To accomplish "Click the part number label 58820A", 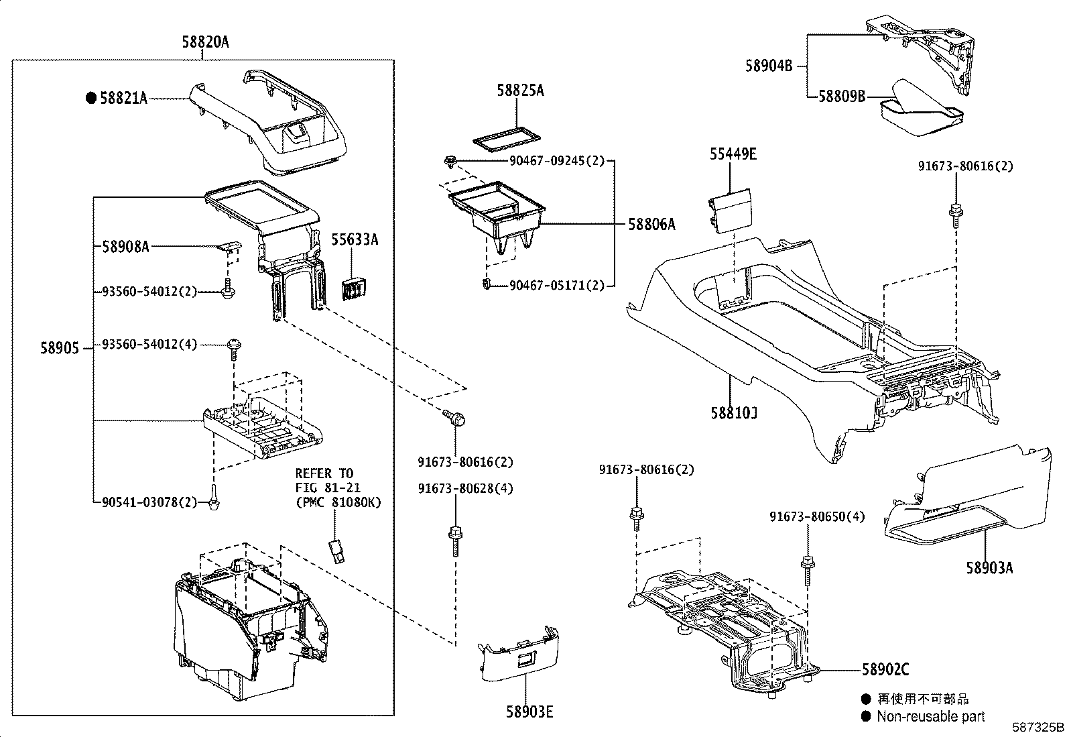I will click(x=205, y=42).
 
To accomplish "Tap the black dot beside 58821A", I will click(x=91, y=98).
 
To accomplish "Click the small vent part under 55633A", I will click(x=354, y=288).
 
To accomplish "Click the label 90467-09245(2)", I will click(x=557, y=162).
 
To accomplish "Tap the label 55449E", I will click(x=733, y=154).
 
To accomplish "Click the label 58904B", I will click(x=769, y=66).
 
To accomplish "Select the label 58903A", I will click(x=989, y=568).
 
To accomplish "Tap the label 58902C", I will click(x=885, y=669).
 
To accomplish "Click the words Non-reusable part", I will click(x=930, y=716).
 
